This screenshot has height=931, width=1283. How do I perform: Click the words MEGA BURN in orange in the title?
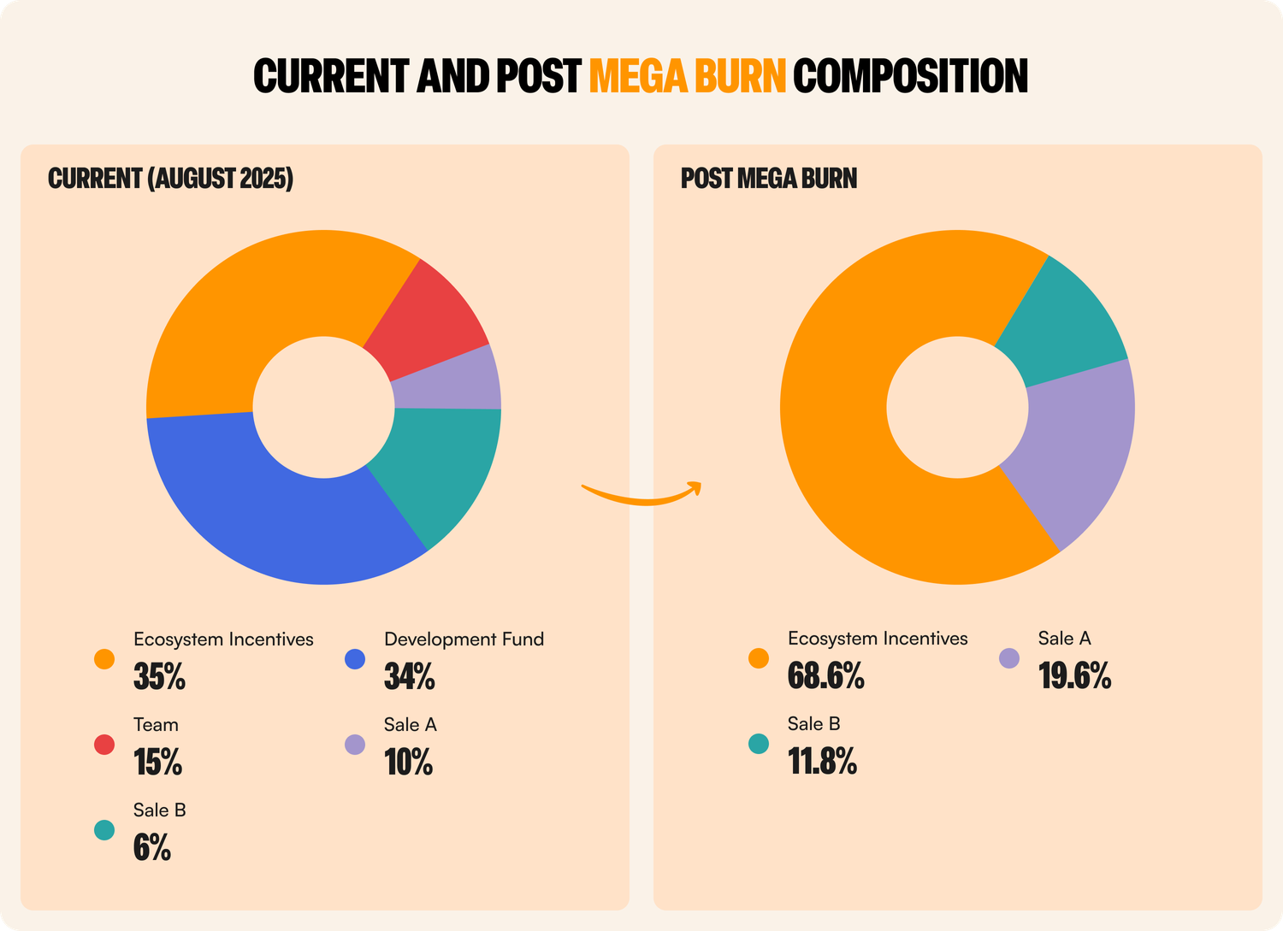pos(687,76)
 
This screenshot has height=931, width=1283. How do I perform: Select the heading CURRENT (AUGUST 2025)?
pos(170,179)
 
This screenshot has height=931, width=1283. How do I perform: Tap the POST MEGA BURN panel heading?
pos(768,179)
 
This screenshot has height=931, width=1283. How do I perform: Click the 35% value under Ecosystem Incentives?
pos(159,677)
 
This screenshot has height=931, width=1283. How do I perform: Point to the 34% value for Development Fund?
pos(410,677)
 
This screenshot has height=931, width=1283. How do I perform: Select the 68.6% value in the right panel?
pos(825,676)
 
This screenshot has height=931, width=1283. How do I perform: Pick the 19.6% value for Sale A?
pos(1074,676)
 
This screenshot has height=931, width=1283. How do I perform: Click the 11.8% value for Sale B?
pos(822,761)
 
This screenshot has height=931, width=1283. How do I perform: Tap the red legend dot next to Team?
pos(104,745)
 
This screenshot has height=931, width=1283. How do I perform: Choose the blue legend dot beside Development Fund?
pos(355,659)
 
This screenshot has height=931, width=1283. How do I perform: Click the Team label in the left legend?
pos(156,725)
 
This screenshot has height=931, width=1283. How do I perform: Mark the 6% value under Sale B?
pos(152,847)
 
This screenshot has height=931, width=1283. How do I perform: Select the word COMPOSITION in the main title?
pos(910,76)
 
